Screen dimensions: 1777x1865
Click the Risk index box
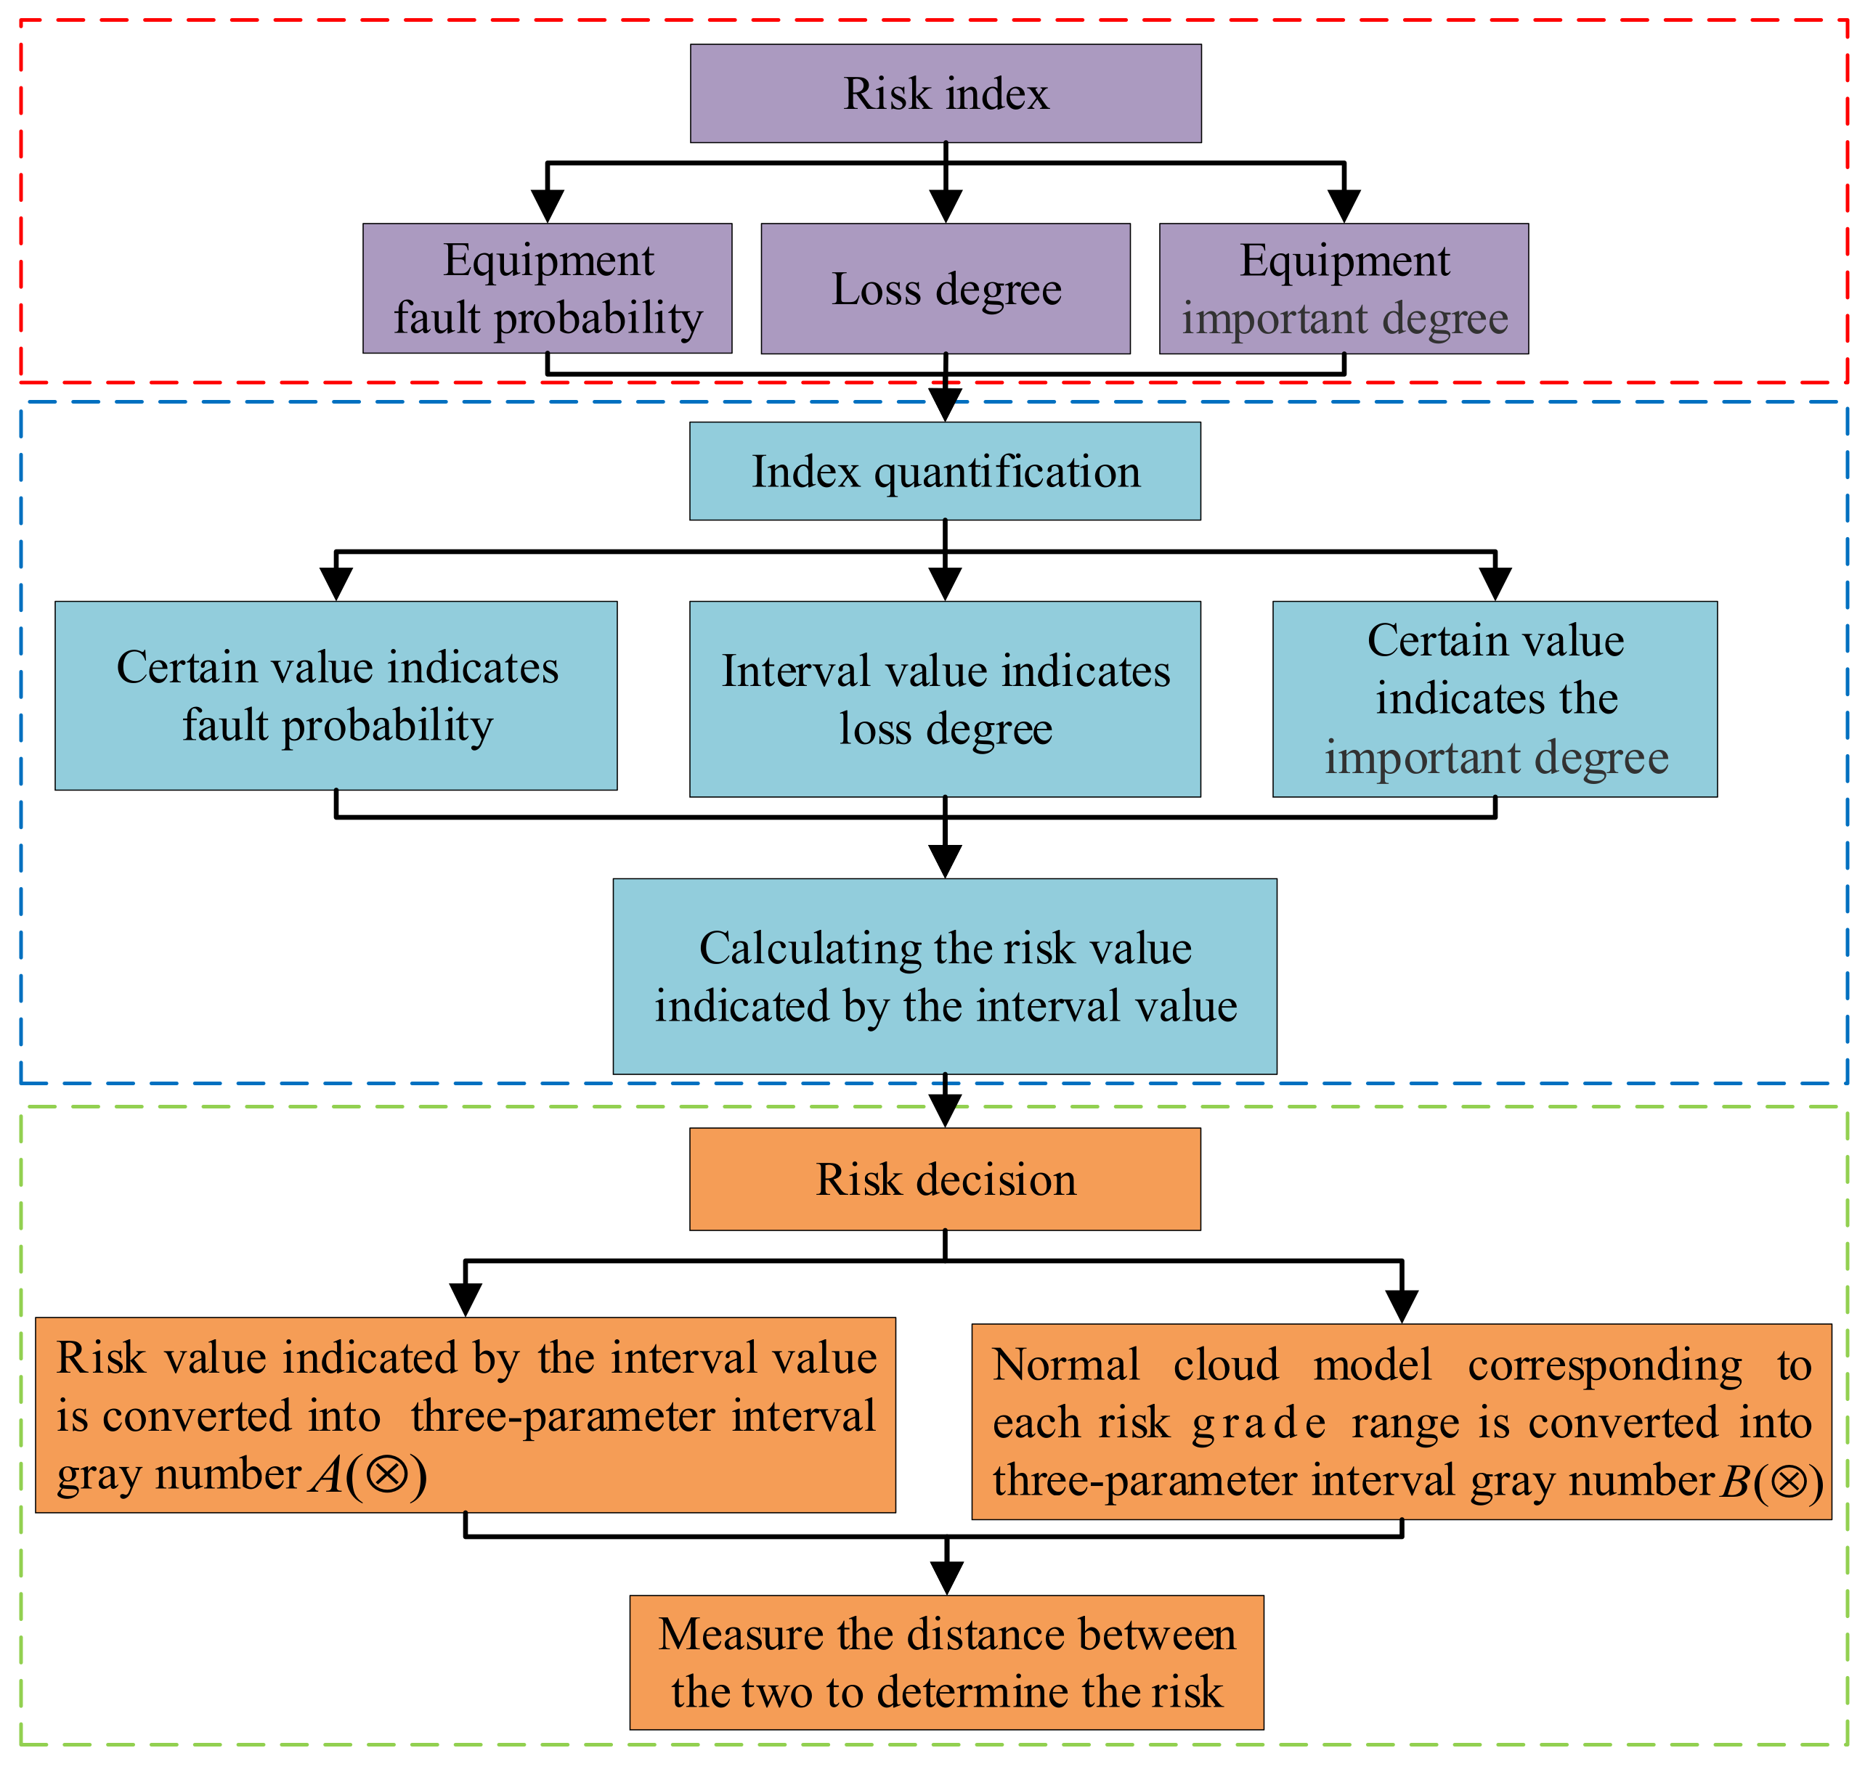coord(946,94)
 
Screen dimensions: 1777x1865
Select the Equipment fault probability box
coord(547,289)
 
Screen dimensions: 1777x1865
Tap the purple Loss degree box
coord(946,289)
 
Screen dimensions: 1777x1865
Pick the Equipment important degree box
coord(1344,289)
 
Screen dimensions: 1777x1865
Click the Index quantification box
coord(945,472)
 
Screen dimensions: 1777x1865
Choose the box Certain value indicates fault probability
coord(336,696)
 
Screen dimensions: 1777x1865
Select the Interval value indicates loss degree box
coord(945,699)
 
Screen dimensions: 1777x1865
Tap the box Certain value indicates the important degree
coord(1495,699)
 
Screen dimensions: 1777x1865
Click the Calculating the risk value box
coord(945,976)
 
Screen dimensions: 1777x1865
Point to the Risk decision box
coord(945,1180)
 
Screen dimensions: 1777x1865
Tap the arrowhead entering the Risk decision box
coord(945,1111)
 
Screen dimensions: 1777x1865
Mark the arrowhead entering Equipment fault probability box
coord(547,206)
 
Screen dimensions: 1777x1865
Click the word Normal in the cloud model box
coord(1066,1365)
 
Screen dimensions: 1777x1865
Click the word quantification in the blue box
coord(1007,472)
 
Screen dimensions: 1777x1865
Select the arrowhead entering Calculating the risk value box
coord(945,862)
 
